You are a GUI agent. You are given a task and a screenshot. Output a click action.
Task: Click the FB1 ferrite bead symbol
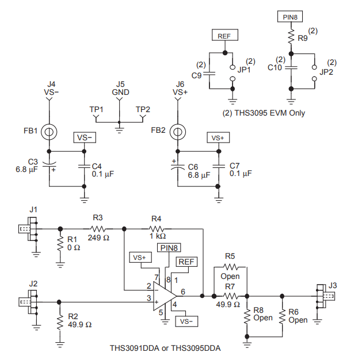click(49, 132)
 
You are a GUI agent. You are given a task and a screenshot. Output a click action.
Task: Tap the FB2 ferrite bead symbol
click(177, 132)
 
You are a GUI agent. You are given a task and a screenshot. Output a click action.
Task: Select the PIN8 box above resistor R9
click(290, 17)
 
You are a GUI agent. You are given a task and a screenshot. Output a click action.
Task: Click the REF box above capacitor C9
click(225, 35)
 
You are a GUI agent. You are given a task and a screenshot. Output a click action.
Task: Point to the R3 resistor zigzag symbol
click(98, 229)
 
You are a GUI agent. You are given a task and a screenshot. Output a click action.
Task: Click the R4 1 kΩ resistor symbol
click(157, 229)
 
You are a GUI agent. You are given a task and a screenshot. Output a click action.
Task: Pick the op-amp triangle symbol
click(165, 296)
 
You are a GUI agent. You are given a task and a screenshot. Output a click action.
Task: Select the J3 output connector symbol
click(326, 296)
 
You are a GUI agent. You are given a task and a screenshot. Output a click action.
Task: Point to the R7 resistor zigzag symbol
click(231, 296)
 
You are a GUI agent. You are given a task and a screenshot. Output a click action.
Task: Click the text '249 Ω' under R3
click(98, 238)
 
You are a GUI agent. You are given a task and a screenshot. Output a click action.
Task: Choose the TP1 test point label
click(96, 109)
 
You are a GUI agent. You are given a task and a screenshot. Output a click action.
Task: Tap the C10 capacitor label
click(275, 68)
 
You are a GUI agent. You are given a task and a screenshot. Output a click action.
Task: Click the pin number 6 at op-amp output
click(183, 292)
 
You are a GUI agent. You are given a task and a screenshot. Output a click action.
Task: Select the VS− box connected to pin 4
click(186, 321)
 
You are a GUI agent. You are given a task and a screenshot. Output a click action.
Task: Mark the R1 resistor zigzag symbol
click(60, 244)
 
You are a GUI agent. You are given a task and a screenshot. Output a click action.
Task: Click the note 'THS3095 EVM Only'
click(270, 113)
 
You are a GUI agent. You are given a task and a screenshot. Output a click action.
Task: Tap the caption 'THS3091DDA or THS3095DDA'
click(165, 348)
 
